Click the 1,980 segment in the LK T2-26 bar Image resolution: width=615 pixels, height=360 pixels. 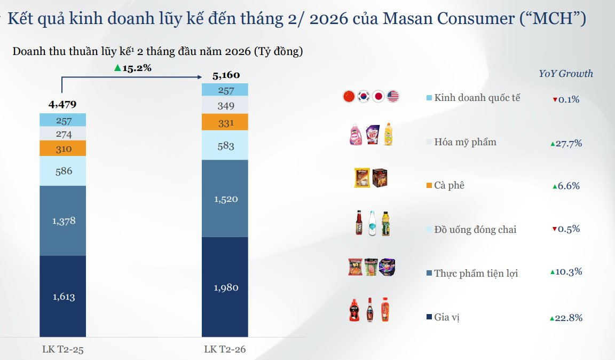[225, 287]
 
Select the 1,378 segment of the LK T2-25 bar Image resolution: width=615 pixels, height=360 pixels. [63, 221]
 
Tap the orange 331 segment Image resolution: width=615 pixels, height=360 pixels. [225, 123]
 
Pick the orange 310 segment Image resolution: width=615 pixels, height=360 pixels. [63, 148]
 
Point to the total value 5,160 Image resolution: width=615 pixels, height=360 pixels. [226, 75]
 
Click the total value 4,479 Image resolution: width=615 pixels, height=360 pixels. [62, 104]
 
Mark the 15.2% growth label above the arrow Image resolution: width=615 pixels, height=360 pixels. [133, 68]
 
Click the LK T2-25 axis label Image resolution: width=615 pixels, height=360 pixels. [63, 350]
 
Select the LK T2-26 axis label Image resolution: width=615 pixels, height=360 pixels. [225, 350]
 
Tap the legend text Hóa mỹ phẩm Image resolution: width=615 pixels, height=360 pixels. [465, 142]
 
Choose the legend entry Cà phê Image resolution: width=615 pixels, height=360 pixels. [449, 185]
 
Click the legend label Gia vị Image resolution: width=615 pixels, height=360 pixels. [447, 317]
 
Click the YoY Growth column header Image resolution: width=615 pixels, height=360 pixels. [565, 74]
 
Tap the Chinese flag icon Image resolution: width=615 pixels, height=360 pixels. [349, 97]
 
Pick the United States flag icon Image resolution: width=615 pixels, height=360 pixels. [393, 97]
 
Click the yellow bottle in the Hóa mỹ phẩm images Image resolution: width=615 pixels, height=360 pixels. [388, 135]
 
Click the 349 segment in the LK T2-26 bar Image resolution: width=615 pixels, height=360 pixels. [225, 106]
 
